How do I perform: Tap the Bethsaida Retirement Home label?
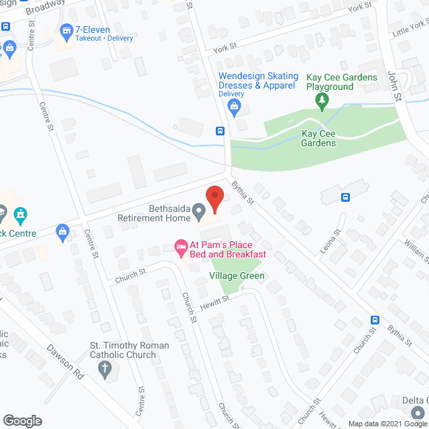coord(154,213)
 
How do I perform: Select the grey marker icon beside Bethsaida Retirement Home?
coord(199,212)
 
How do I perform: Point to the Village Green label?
coord(237,275)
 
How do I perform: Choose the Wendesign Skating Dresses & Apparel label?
coord(257,81)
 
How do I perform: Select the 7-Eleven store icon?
coord(66,30)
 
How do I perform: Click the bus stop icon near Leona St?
coord(345,197)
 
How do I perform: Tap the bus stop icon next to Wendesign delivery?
coord(220,131)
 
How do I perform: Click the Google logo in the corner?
coord(22,421)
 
